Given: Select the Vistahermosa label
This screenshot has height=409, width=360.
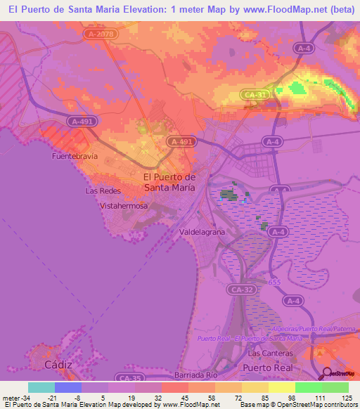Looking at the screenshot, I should [124, 207].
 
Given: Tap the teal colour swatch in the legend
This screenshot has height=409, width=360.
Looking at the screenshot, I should [41, 387].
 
